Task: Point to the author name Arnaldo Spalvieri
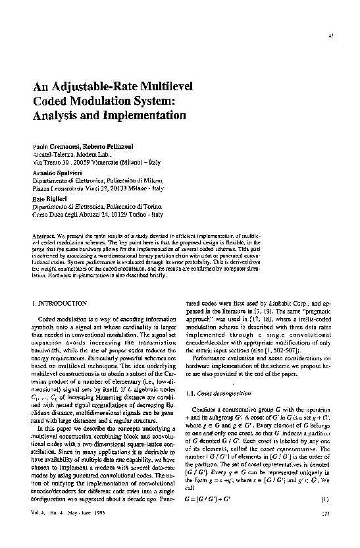55,170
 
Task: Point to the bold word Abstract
43,236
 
